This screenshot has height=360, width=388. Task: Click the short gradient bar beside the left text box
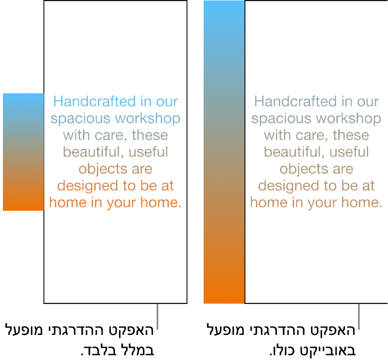tap(23, 152)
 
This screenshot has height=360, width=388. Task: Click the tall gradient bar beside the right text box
tap(223, 152)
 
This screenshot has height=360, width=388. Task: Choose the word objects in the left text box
tap(99, 169)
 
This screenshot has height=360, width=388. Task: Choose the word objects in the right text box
tap(300, 169)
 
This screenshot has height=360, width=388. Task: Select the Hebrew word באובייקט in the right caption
tap(323, 351)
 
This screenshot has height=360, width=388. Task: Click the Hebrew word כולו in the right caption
tap(282, 351)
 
